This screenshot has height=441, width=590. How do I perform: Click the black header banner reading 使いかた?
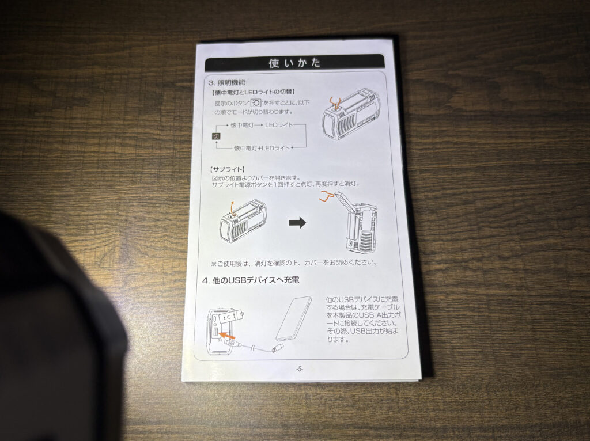click(294, 62)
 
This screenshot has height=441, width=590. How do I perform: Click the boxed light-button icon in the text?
click(256, 103)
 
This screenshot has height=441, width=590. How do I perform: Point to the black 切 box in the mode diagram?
click(216, 136)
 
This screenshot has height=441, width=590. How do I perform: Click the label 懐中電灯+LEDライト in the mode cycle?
click(262, 148)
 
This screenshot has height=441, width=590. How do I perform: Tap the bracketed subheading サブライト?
click(227, 170)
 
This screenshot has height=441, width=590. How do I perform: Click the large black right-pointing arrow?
click(297, 223)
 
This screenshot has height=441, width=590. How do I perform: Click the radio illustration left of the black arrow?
click(243, 221)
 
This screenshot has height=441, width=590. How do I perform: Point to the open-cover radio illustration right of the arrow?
click(356, 222)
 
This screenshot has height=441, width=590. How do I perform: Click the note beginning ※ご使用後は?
click(294, 263)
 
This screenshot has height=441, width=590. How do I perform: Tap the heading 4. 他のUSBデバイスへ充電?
click(251, 280)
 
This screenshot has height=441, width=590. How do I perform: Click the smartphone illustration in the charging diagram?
click(294, 319)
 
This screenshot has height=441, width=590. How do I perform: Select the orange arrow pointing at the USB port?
click(227, 334)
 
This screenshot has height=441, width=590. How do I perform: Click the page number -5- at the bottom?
click(299, 369)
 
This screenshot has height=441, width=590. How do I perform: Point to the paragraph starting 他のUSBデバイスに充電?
click(362, 319)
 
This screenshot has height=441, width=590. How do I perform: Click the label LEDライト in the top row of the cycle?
click(278, 125)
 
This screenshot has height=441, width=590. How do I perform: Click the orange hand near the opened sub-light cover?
click(327, 196)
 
